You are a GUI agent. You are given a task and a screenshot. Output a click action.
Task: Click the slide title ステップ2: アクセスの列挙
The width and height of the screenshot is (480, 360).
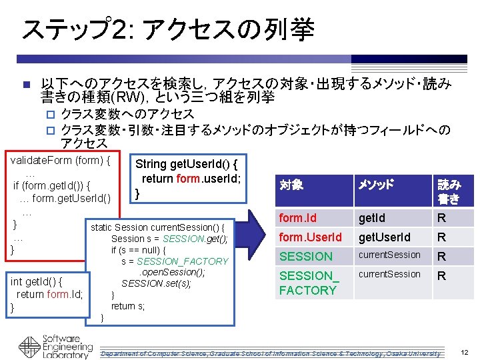[167, 29]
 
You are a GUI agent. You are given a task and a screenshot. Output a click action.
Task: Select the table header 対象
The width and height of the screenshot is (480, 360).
[291, 185]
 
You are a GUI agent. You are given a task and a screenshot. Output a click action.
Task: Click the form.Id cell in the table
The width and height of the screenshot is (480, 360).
[298, 218]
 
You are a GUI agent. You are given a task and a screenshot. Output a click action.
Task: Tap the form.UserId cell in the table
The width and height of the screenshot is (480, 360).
[310, 237]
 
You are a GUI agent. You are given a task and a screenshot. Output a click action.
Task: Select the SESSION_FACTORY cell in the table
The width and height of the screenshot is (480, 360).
[308, 283]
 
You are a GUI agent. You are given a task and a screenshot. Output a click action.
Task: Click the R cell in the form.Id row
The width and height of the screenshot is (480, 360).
[441, 218]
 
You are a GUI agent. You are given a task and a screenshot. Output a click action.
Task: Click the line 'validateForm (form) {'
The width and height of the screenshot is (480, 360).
[60, 160]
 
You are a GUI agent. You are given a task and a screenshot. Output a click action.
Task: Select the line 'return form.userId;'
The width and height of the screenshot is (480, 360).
[191, 178]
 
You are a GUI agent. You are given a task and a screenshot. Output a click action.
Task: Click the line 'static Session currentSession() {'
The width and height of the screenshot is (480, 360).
[161, 228]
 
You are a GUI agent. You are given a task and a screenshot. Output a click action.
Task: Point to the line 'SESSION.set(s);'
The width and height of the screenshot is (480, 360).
[156, 283]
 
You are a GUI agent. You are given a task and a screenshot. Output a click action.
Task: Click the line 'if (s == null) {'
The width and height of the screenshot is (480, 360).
[147, 250]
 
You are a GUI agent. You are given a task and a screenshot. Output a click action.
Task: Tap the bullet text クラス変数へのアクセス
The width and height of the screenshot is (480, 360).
[127, 114]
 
